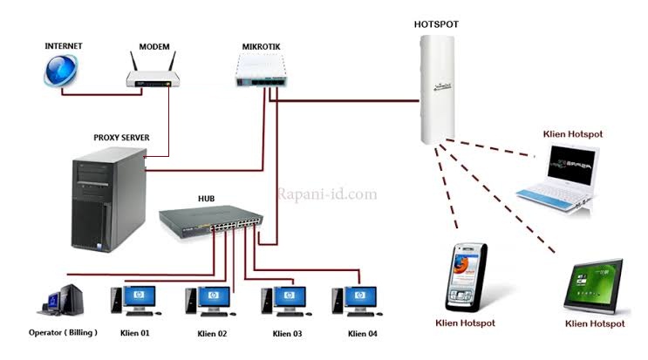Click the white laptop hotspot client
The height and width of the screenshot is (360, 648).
(x=557, y=179)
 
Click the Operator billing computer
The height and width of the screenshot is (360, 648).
(x=62, y=301)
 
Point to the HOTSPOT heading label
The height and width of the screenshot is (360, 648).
(x=435, y=25)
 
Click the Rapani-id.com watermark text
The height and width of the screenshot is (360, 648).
(x=327, y=194)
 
